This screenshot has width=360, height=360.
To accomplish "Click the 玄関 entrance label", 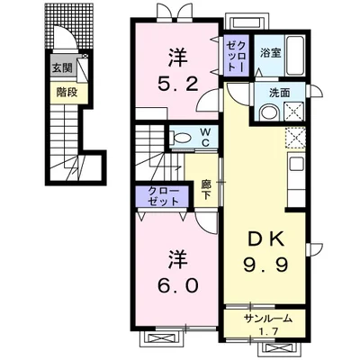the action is point(63,68).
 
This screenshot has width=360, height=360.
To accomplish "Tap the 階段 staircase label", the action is point(67,93).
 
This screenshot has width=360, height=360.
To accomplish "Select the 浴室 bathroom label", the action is point(270,53).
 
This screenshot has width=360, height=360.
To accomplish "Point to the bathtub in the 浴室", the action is point(295,56).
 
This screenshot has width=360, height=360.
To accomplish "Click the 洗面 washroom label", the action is point(279,93).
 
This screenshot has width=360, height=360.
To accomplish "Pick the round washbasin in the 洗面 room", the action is point(269,113).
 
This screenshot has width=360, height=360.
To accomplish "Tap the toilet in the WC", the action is point(180,138).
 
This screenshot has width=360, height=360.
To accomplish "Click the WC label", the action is point(205,138).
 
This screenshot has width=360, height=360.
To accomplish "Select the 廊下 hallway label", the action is point(205,189).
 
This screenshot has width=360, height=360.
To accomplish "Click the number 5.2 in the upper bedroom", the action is point(178,85).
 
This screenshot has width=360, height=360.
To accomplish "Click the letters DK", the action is point(265,240).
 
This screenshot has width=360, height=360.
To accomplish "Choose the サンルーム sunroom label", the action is point(267,319).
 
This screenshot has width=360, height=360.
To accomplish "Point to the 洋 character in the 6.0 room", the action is point(178,260).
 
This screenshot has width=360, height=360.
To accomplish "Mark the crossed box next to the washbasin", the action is point(294,112).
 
